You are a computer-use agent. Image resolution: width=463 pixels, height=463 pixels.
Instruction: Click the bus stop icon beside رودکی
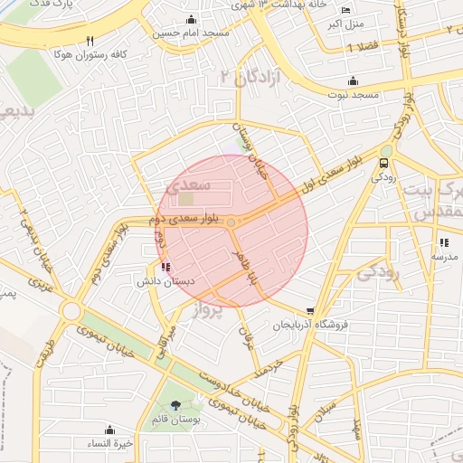point(384,164)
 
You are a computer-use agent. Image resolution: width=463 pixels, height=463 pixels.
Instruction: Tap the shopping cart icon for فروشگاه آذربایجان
point(311,310)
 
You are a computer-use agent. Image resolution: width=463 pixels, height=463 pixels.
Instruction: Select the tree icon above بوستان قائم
point(175,406)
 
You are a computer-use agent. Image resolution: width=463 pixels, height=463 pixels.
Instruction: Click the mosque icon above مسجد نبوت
point(352,81)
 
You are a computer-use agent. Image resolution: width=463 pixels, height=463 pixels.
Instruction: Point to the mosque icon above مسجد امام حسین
point(191,20)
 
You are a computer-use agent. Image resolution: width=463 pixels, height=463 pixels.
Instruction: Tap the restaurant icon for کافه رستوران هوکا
point(90,42)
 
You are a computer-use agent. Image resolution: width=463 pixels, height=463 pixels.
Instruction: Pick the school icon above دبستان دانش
point(164,267)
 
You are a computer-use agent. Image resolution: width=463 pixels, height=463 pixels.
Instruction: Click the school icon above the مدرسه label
point(443,242)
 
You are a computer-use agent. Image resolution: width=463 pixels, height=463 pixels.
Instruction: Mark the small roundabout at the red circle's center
point(231,222)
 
